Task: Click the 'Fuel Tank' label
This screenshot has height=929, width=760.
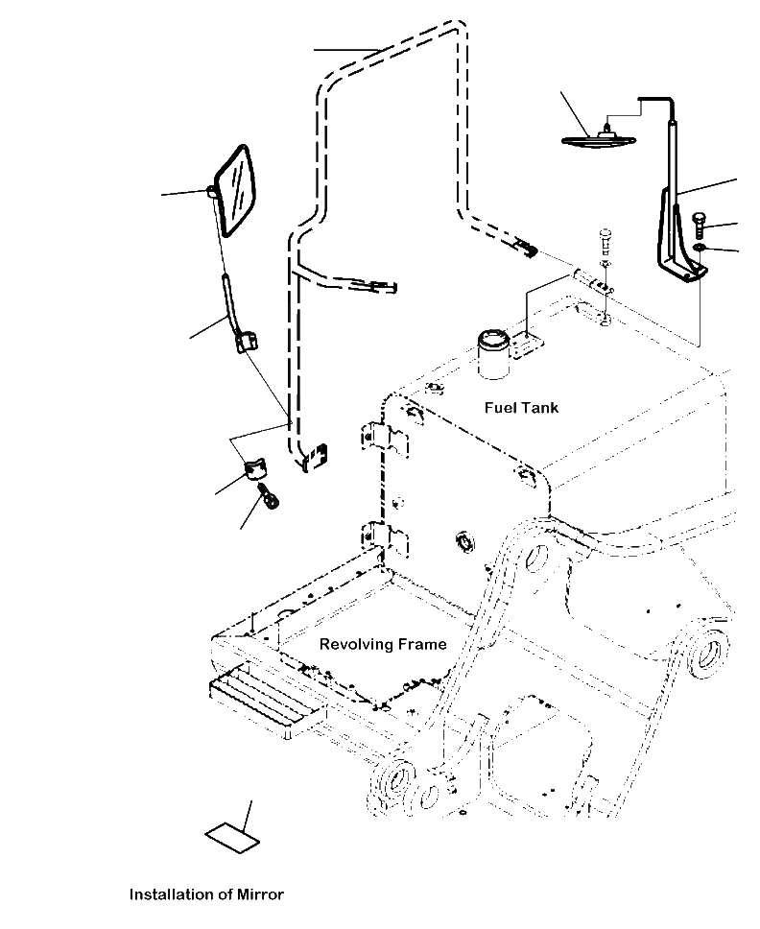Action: tap(521, 408)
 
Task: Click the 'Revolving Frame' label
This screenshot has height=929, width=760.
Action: tap(383, 644)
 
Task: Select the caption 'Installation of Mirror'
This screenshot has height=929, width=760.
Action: tap(206, 894)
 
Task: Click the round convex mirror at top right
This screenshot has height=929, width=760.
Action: tap(599, 140)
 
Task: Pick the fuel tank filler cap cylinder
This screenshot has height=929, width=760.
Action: tap(493, 353)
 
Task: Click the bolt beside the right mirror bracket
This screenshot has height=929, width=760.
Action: tap(699, 226)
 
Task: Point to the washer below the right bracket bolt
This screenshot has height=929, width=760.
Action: tap(700, 246)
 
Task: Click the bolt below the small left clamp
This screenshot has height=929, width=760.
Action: tap(269, 495)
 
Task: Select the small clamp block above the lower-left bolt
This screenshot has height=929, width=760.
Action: tap(255, 468)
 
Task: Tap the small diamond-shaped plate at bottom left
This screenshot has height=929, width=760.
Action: tap(232, 838)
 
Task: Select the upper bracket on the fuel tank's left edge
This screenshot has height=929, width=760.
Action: tap(385, 439)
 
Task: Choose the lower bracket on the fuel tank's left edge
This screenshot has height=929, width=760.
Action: tap(385, 539)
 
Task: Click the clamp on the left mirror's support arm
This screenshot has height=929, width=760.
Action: tap(248, 343)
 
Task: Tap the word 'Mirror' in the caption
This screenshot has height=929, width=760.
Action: tap(261, 894)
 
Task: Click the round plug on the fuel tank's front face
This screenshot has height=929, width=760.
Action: tap(464, 542)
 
